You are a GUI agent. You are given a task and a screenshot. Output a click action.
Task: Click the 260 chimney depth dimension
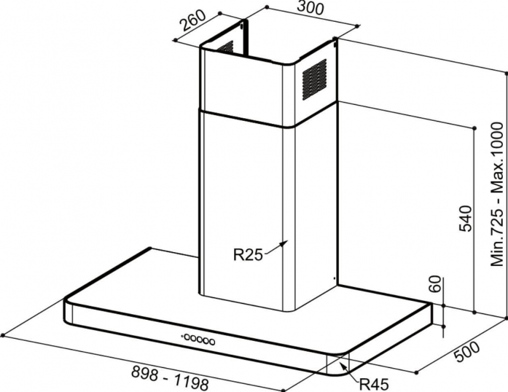(x=192, y=21)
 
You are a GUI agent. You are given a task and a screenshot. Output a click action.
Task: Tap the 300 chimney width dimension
(x=310, y=8)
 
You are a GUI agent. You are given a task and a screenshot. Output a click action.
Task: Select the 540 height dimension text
(x=465, y=219)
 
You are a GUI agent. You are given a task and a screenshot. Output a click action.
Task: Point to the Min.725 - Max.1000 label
(x=496, y=195)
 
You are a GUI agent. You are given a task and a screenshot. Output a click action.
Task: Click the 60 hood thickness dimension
(x=436, y=283)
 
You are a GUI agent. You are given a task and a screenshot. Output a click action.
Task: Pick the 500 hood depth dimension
(x=467, y=352)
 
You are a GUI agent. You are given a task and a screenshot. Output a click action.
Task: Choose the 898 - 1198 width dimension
(x=170, y=377)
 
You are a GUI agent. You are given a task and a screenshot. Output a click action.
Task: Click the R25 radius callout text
(x=248, y=255)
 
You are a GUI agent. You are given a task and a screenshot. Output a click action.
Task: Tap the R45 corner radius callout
(x=374, y=385)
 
